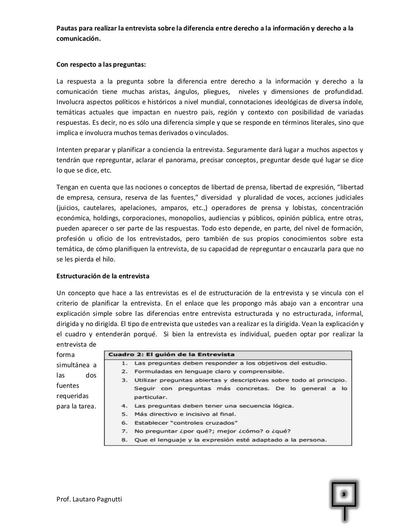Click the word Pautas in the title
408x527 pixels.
pyautogui.click(x=66, y=28)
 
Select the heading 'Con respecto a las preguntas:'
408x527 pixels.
pyautogui.click(x=101, y=65)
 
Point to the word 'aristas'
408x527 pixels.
pyautogui.click(x=157, y=92)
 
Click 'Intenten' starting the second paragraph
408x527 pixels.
pyautogui.click(x=69, y=150)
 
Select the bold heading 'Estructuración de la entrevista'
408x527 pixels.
pyautogui.click(x=103, y=276)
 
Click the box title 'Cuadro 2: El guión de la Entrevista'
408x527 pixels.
pyautogui.click(x=171, y=354)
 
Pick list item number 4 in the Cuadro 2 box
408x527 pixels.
pyautogui.click(x=214, y=406)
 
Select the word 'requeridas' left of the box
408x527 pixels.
pyautogui.click(x=73, y=396)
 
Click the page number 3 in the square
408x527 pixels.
pyautogui.click(x=344, y=494)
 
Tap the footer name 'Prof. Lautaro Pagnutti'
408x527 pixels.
pyautogui.click(x=89, y=499)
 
